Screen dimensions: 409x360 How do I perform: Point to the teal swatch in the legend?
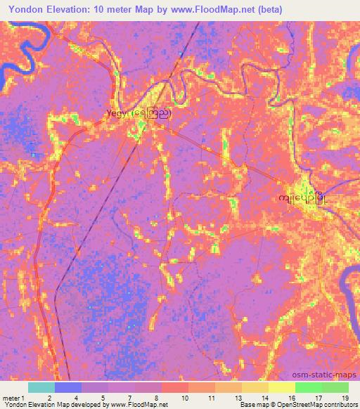41,387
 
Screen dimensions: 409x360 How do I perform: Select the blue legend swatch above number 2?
68,387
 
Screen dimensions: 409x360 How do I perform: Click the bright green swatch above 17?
309,387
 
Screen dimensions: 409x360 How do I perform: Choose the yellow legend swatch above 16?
282,387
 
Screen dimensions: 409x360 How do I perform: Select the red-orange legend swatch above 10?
175,387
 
